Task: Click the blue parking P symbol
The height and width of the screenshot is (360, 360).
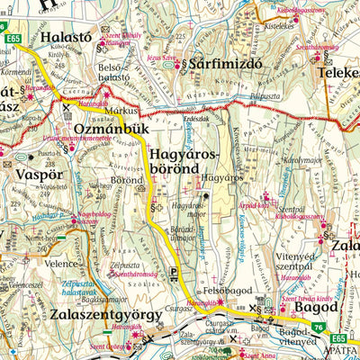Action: pos(173,271)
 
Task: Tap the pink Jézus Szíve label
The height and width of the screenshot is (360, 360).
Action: pos(163,58)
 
